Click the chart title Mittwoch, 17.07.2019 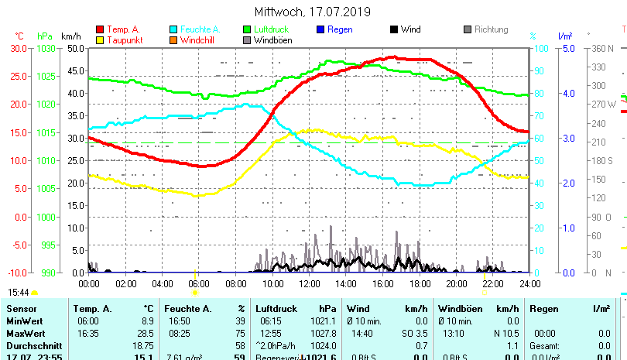(x=313, y=12)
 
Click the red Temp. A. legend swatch (x=100, y=29)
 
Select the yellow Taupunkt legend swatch (x=100, y=39)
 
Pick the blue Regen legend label (x=340, y=29)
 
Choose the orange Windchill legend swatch (x=173, y=39)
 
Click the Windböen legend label (x=272, y=39)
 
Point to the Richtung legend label (x=491, y=29)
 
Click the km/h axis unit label (x=70, y=36)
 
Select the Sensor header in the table (x=22, y=309)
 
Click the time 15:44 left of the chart (x=19, y=293)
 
